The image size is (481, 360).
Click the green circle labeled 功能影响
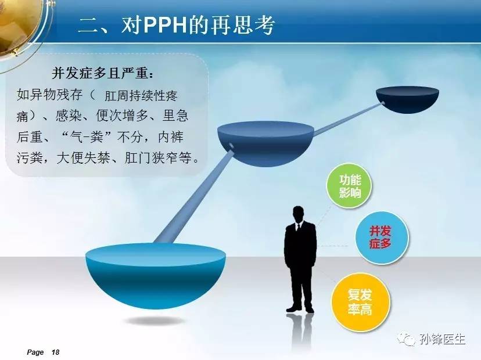pyautogui.click(x=349, y=186)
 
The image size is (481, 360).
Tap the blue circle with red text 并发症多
pyautogui.click(x=382, y=237)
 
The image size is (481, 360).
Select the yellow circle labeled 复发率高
pyautogui.click(x=361, y=302)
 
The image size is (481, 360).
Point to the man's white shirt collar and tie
pyautogui.click(x=297, y=227)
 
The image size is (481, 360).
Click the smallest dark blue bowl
pyautogui.click(x=408, y=100)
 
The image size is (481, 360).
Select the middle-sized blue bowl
pyautogui.click(x=265, y=143)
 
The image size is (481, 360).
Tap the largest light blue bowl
pyautogui.click(x=156, y=275)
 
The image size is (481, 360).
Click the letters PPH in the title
pyautogui.click(x=165, y=25)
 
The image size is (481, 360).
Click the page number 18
pyautogui.click(x=55, y=352)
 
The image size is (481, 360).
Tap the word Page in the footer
pyautogui.click(x=35, y=352)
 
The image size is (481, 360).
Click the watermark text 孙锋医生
pyautogui.click(x=442, y=340)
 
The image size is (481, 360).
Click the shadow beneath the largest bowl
pyautogui.click(x=155, y=321)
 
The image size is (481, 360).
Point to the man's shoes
pyautogui.click(x=300, y=309)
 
